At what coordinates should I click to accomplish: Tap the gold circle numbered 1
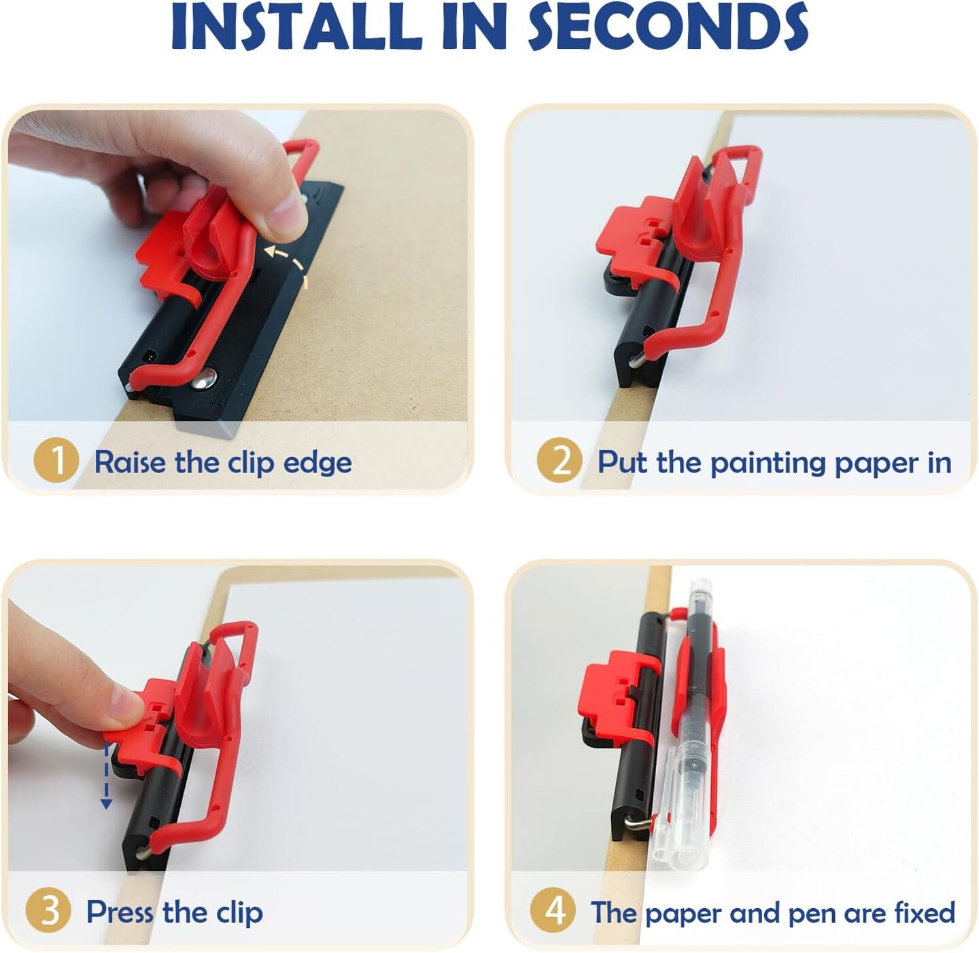[56, 461]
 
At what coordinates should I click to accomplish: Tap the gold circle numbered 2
[560, 461]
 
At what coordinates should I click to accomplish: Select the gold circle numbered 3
[49, 912]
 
